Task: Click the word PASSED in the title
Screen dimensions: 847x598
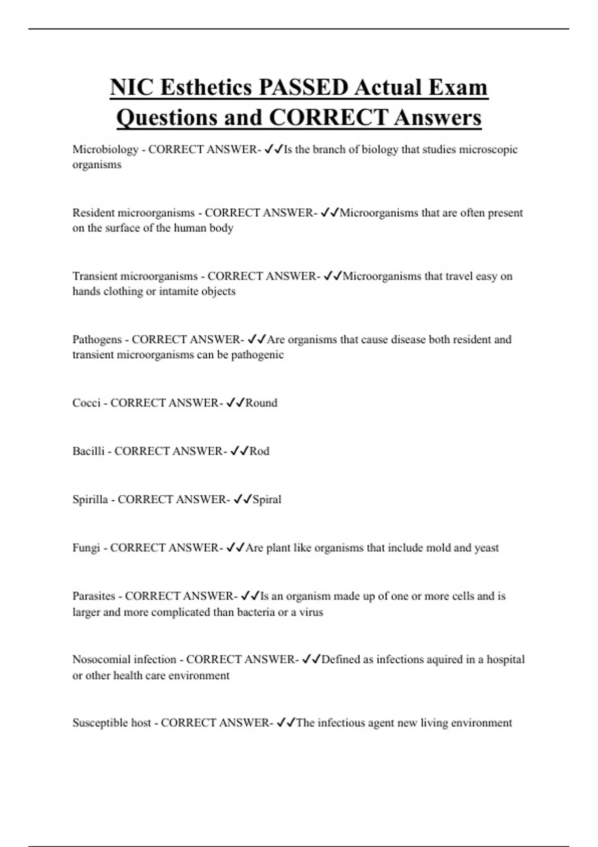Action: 303,87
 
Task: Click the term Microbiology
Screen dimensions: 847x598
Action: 105,149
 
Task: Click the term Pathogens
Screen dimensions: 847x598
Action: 97,339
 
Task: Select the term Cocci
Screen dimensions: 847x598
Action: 86,403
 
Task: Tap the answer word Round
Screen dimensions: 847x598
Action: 261,403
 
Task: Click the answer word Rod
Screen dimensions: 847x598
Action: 259,451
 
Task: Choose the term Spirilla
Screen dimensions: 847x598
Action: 90,499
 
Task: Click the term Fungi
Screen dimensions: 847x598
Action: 86,548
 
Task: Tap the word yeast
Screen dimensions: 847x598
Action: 486,548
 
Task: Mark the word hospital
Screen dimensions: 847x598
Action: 505,659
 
